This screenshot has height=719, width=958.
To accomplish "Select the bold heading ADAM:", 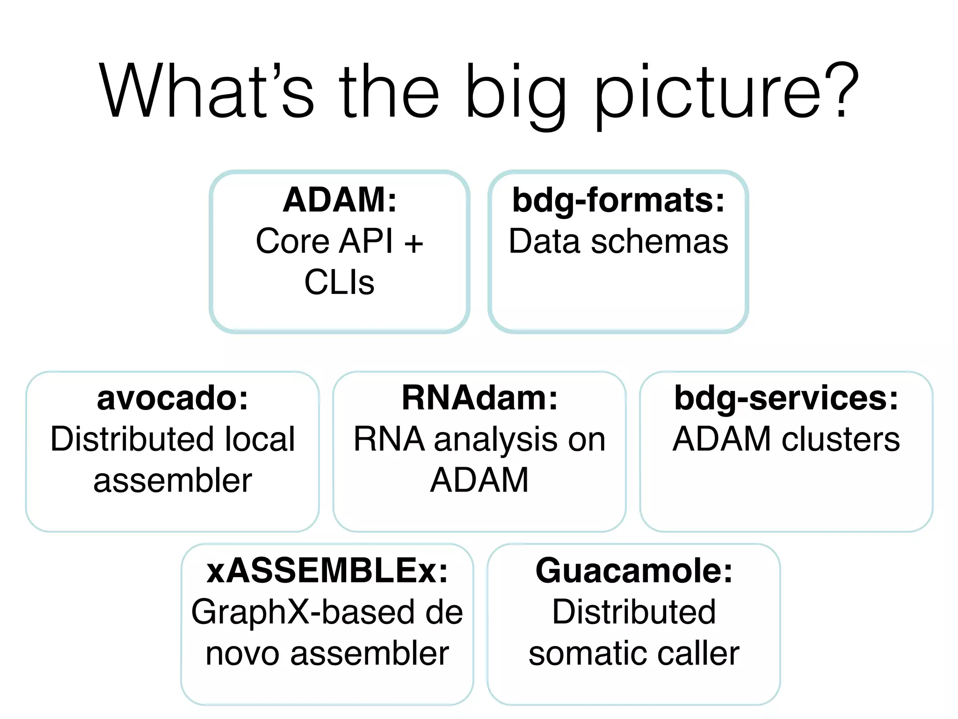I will pyautogui.click(x=340, y=200).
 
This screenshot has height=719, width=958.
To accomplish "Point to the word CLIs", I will pyautogui.click(x=340, y=282).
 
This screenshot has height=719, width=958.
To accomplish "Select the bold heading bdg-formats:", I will pyautogui.click(x=618, y=200).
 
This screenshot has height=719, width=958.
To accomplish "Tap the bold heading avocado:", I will pyautogui.click(x=173, y=398).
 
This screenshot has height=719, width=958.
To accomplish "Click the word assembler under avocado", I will pyautogui.click(x=173, y=481).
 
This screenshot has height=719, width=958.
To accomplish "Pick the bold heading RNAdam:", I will pyautogui.click(x=479, y=398).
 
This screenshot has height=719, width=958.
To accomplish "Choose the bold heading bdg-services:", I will pyautogui.click(x=786, y=398).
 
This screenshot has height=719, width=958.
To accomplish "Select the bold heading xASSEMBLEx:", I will pyautogui.click(x=327, y=571).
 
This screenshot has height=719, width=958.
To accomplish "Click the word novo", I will pyautogui.click(x=242, y=654).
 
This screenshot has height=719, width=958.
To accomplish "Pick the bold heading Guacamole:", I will pyautogui.click(x=634, y=571).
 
